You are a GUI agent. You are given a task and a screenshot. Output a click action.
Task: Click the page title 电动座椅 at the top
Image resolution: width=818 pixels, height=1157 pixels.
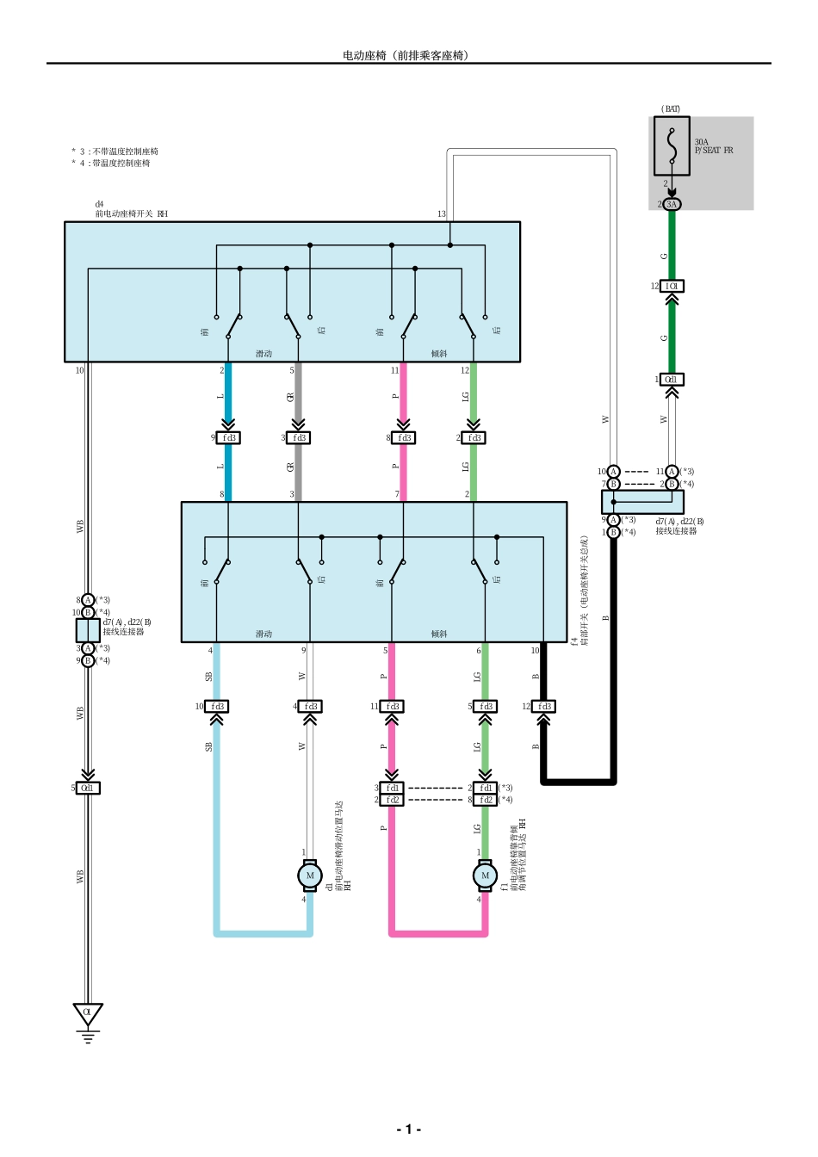tap(406, 55)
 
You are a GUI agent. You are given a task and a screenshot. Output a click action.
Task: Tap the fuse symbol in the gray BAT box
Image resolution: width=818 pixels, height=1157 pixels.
tap(672, 145)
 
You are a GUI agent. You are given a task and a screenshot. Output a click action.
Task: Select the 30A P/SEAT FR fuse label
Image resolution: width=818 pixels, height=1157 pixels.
tap(714, 146)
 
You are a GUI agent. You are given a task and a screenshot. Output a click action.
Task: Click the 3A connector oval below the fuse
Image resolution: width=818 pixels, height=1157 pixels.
tap(672, 204)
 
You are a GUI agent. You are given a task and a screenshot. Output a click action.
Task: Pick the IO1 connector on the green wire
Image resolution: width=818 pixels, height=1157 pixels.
tap(672, 286)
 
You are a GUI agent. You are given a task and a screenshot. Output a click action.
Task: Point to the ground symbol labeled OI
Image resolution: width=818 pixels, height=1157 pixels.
tap(87, 1014)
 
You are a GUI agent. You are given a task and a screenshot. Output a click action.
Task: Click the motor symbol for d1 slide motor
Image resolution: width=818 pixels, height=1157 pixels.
tap(310, 875)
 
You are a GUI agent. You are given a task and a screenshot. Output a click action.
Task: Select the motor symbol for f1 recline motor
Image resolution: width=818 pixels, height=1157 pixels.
tap(485, 875)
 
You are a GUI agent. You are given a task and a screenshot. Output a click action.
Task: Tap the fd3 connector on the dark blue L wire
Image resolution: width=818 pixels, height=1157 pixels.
tap(228, 437)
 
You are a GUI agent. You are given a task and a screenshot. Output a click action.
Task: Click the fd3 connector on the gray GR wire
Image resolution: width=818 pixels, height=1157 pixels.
tap(299, 437)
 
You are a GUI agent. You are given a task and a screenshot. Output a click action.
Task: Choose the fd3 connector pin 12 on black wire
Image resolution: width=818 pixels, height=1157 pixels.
tap(544, 706)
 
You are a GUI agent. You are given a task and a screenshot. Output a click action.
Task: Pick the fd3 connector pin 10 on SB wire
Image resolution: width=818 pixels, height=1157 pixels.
tap(217, 706)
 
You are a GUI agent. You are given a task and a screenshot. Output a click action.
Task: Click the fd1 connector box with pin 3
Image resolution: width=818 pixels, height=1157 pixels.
tap(392, 788)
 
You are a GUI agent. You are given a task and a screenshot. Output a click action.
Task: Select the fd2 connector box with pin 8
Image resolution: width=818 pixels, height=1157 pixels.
tap(486, 800)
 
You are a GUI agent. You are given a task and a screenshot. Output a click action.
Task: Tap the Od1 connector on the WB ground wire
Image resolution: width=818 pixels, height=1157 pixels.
tap(88, 788)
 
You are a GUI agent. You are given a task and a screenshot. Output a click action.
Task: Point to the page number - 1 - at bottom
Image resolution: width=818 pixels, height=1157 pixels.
tap(408, 1129)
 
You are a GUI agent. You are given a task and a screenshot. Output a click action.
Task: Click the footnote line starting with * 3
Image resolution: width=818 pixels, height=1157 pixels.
tap(115, 152)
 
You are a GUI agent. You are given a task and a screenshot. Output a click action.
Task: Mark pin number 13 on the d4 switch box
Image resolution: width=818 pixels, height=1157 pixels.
tap(441, 214)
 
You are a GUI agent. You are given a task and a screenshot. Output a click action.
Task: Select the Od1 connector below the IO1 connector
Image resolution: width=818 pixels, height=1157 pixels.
tap(672, 379)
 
